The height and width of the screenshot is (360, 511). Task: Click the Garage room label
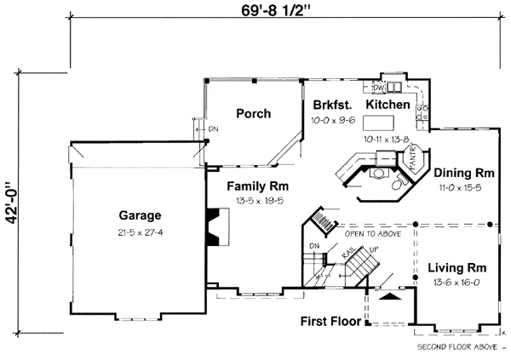click(x=141, y=215)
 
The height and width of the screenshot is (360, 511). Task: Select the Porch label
click(x=253, y=113)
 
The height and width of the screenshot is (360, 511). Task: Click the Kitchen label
click(x=389, y=105)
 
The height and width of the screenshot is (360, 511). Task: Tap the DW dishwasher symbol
click(x=380, y=87)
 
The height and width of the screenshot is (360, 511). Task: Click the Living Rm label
click(x=457, y=266)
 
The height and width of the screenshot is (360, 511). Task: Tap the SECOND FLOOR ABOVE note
click(x=456, y=348)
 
